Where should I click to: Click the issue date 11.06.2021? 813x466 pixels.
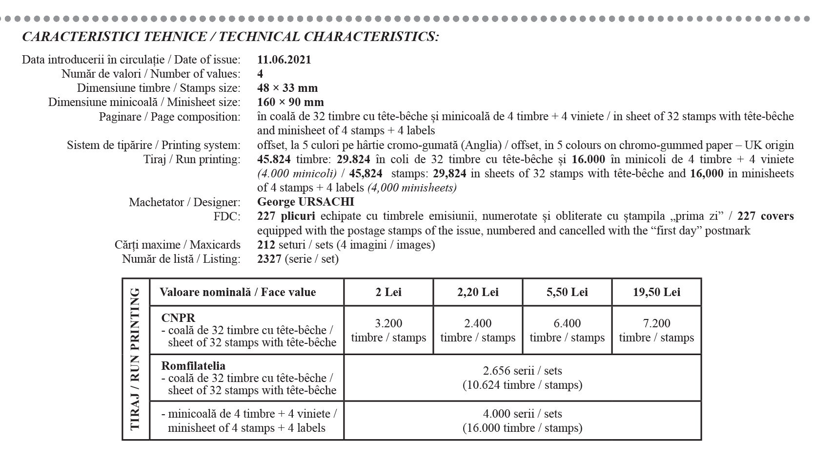pyautogui.click(x=284, y=60)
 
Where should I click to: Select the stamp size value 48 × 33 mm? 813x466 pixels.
pyautogui.click(x=287, y=88)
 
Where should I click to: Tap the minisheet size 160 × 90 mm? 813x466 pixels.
pyautogui.click(x=290, y=102)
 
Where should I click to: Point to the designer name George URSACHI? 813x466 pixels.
pyautogui.click(x=305, y=202)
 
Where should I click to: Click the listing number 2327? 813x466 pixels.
pyautogui.click(x=269, y=258)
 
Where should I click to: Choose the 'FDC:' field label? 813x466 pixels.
pyautogui.click(x=227, y=216)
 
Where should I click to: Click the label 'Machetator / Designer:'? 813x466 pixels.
pyautogui.click(x=184, y=202)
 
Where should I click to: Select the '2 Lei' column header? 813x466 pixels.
pyautogui.click(x=388, y=292)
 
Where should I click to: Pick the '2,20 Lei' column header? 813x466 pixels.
pyautogui.click(x=478, y=292)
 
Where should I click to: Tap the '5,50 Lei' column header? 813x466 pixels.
pyautogui.click(x=567, y=292)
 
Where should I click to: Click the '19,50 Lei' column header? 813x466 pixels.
pyautogui.click(x=656, y=292)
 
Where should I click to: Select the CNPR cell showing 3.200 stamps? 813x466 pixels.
pyautogui.click(x=388, y=330)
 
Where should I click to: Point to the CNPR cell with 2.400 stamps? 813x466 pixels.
pyautogui.click(x=478, y=330)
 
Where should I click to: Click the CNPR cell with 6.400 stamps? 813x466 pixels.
pyautogui.click(x=567, y=330)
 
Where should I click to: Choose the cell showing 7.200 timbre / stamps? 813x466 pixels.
pyautogui.click(x=656, y=330)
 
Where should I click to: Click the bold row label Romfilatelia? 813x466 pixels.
pyautogui.click(x=193, y=365)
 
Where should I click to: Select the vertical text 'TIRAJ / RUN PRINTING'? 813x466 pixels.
pyautogui.click(x=135, y=359)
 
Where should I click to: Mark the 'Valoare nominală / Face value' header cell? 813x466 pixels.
pyautogui.click(x=238, y=292)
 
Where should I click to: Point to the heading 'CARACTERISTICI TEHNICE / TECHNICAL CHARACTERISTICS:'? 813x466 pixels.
pyautogui.click(x=230, y=37)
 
